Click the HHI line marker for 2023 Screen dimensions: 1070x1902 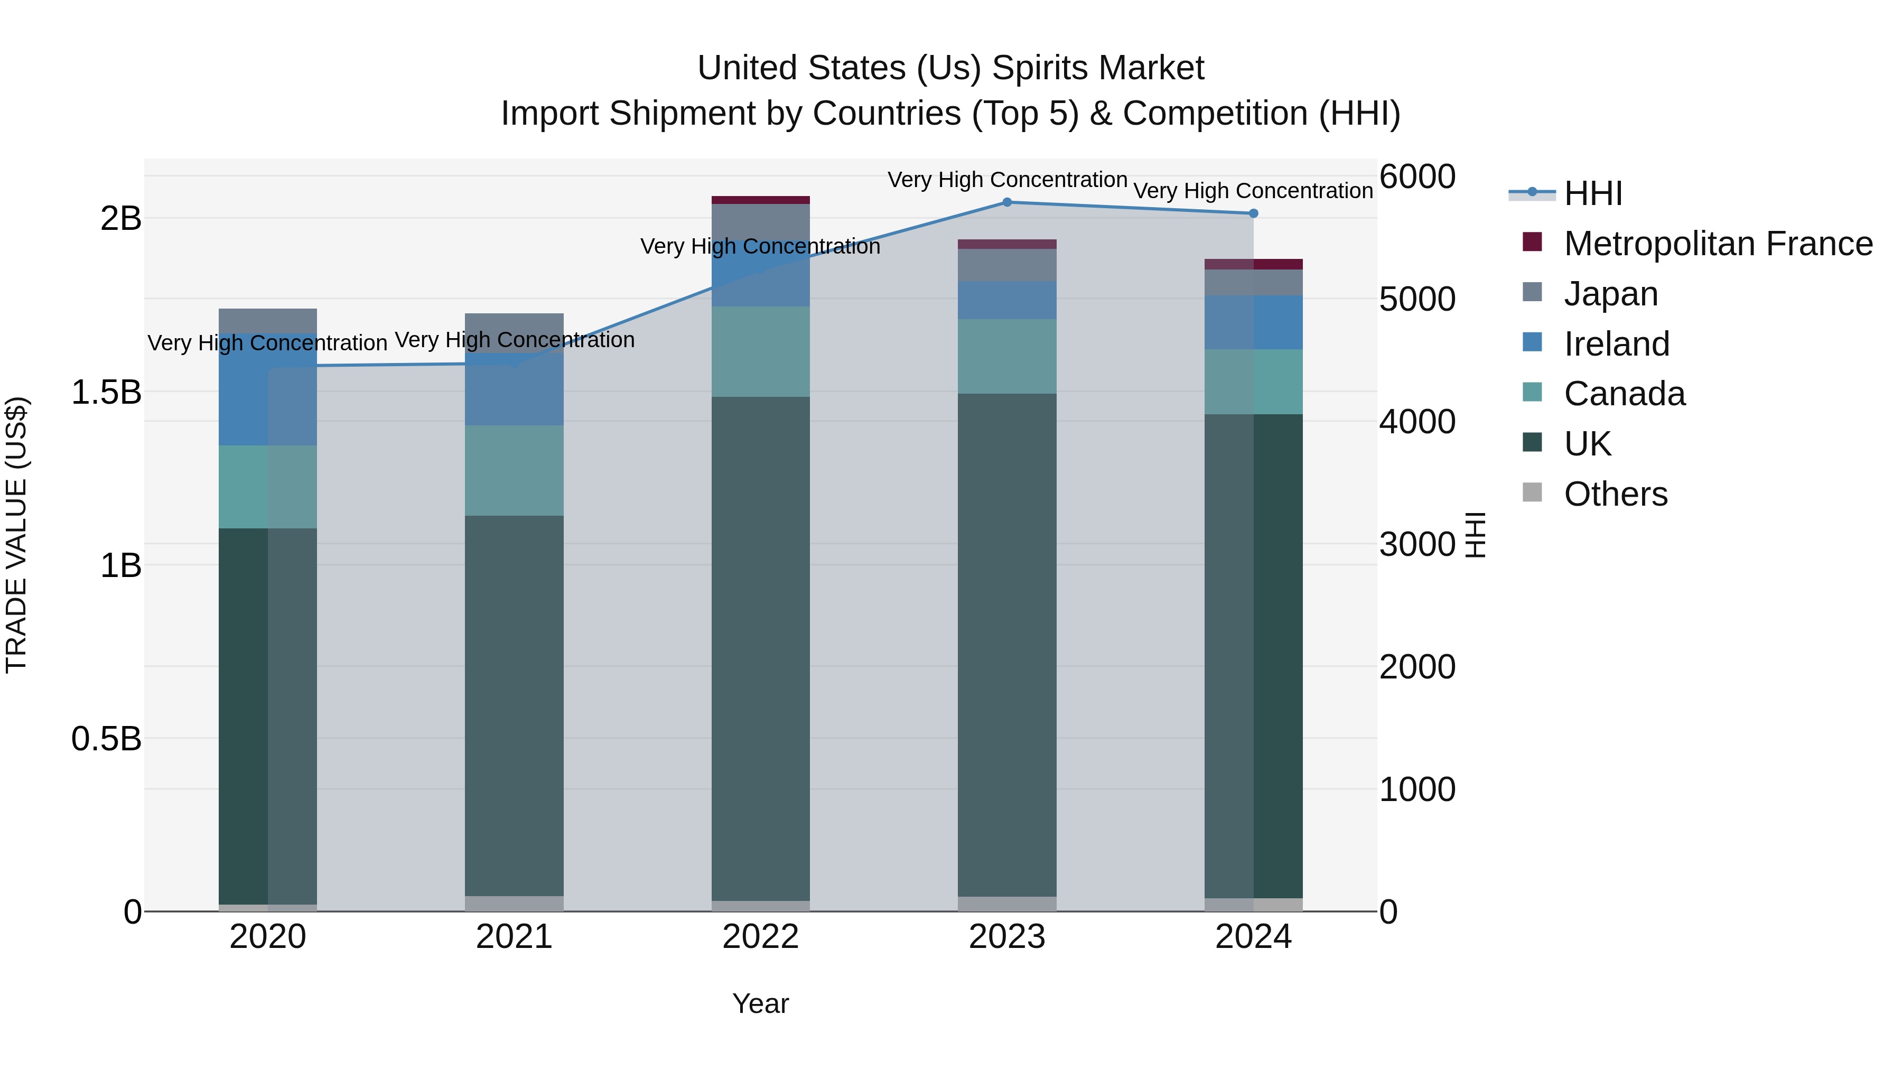click(x=1006, y=202)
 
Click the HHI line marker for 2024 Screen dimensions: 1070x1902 click(x=1253, y=213)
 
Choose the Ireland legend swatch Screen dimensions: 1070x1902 click(x=1532, y=342)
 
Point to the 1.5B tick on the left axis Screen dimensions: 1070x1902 click(x=106, y=392)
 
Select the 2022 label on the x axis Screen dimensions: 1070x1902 click(x=760, y=937)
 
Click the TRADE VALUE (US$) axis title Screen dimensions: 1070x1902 click(x=16, y=535)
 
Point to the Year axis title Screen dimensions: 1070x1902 click(x=760, y=1003)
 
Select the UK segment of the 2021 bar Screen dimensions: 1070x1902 click(x=514, y=705)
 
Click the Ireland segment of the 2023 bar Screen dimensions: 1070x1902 click(x=1006, y=300)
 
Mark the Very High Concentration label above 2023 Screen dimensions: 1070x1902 click(x=1007, y=180)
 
